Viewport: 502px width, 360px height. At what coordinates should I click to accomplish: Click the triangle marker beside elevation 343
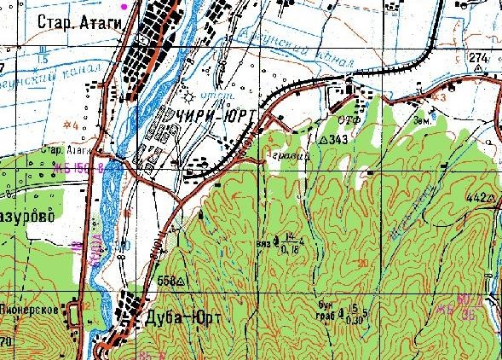coord(322,137)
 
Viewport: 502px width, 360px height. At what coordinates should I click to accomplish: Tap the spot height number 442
coord(476,197)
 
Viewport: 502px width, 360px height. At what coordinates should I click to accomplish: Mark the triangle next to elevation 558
coord(182,280)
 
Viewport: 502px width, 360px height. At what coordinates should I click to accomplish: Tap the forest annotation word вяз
coord(263,245)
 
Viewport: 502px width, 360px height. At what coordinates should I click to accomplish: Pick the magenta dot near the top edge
coord(124,6)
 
